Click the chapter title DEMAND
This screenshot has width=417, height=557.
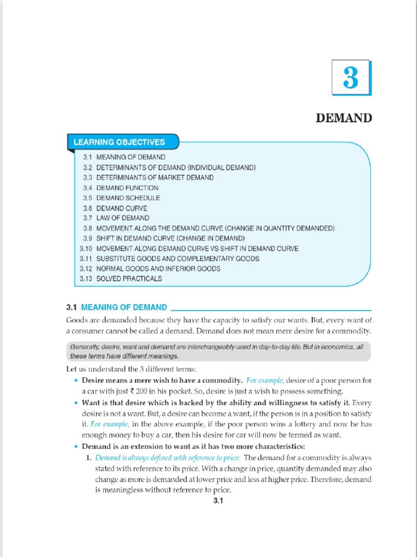(344, 118)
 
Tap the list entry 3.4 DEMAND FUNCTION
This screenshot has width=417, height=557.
(121, 188)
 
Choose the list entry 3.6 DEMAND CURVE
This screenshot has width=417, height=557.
(115, 208)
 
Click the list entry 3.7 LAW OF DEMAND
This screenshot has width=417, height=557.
(116, 218)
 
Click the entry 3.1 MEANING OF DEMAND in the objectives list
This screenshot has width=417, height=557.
(124, 157)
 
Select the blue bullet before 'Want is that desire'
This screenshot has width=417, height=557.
(76, 403)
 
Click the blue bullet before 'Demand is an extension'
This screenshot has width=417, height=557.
(76, 447)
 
